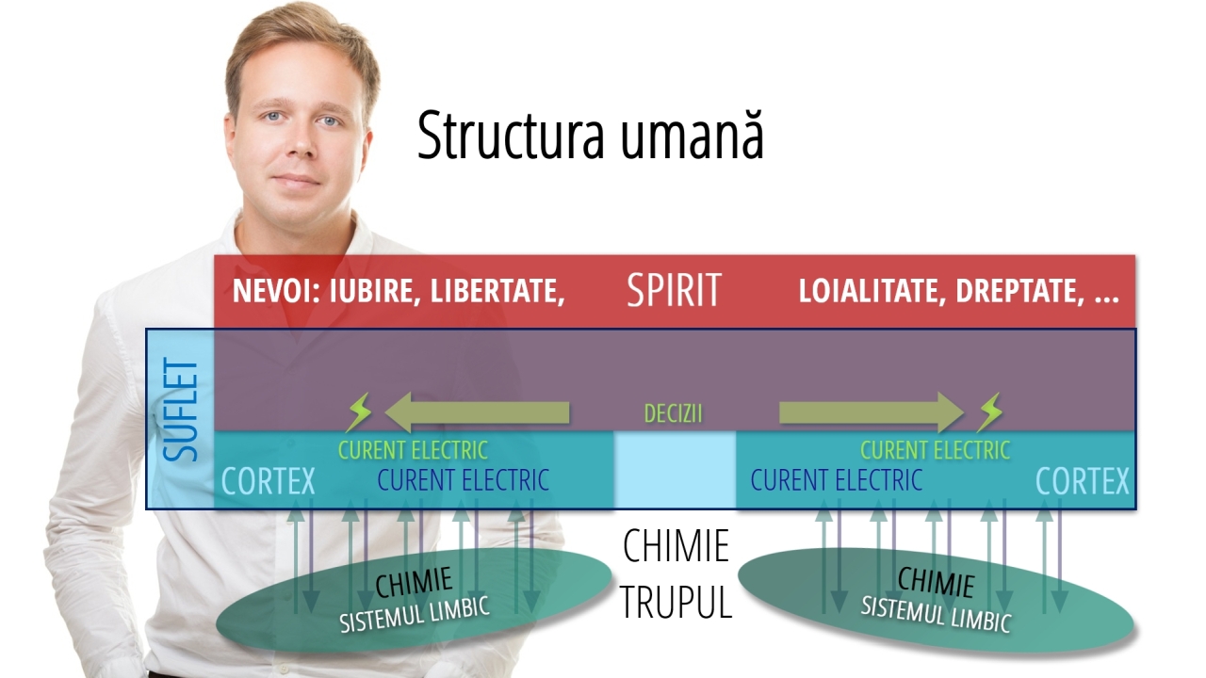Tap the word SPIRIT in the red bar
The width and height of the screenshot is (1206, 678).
[x=674, y=291]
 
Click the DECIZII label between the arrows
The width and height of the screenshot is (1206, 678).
[x=673, y=414]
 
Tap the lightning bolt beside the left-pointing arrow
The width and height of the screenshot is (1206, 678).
[x=359, y=412]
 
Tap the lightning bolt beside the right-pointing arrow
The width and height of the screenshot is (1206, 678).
[x=989, y=412]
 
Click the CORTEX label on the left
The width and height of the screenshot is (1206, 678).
[x=268, y=482]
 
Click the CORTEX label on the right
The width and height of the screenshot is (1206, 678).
[x=1082, y=482]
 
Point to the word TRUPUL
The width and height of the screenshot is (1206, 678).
[x=676, y=603]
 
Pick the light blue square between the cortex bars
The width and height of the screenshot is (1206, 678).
[x=675, y=470]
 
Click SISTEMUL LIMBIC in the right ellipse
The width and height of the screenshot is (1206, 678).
[x=936, y=613]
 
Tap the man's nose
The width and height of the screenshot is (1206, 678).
[x=300, y=151]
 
